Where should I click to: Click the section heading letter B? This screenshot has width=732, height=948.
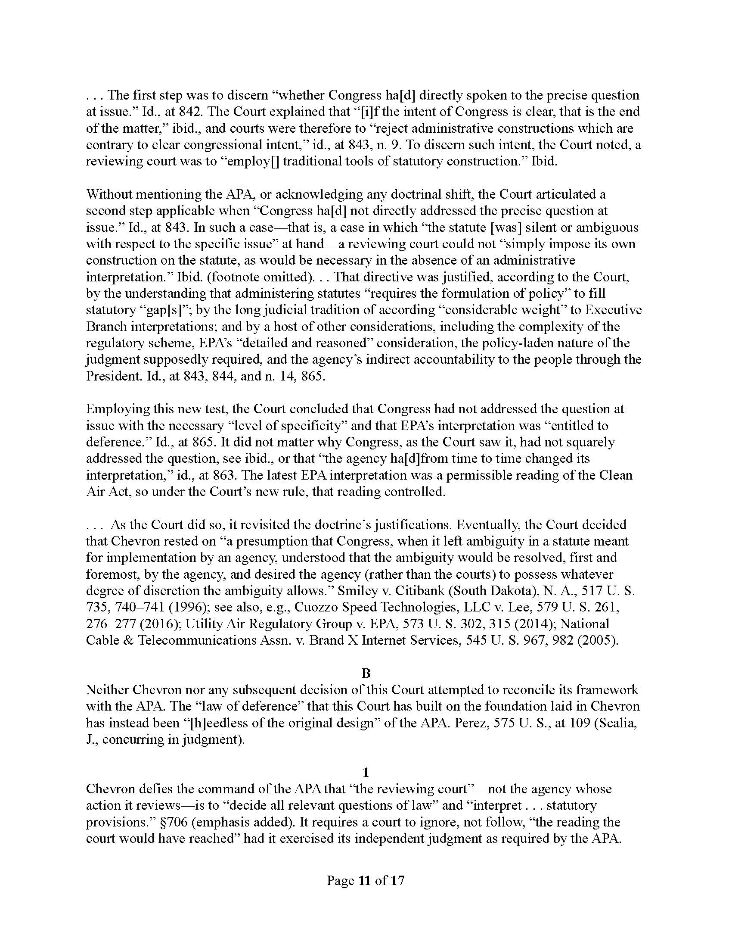pos(366,673)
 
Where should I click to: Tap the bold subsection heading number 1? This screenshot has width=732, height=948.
pos(366,772)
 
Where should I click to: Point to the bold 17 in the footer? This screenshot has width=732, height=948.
pos(397,880)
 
